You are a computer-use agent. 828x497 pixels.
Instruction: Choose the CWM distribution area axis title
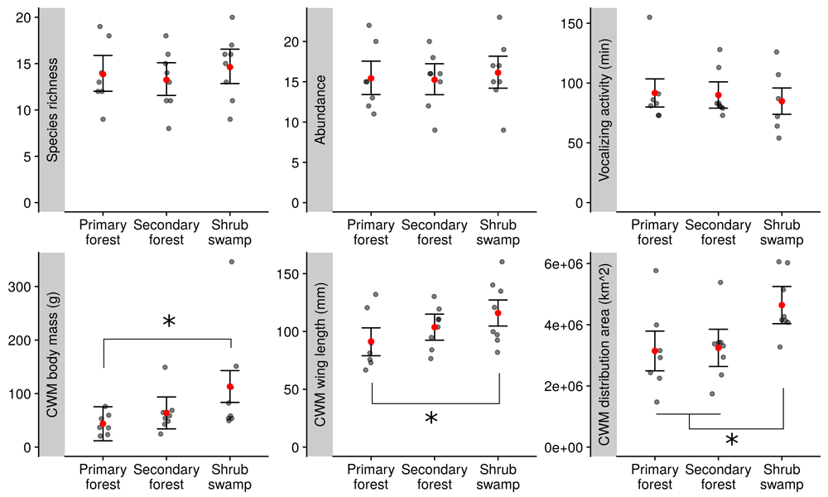(604, 355)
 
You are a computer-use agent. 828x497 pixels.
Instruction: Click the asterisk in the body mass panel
(169, 322)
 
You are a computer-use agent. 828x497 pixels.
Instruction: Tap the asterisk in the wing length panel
(431, 419)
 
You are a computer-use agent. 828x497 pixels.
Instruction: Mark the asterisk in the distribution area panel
(732, 441)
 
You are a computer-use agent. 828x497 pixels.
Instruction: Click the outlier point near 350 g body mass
(232, 262)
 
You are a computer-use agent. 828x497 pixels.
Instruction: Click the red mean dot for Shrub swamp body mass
(230, 387)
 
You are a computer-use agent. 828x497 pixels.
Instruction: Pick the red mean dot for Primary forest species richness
(103, 75)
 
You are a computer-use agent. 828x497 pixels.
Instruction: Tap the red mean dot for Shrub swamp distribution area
(782, 306)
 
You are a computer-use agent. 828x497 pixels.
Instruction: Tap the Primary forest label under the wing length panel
(370, 476)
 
